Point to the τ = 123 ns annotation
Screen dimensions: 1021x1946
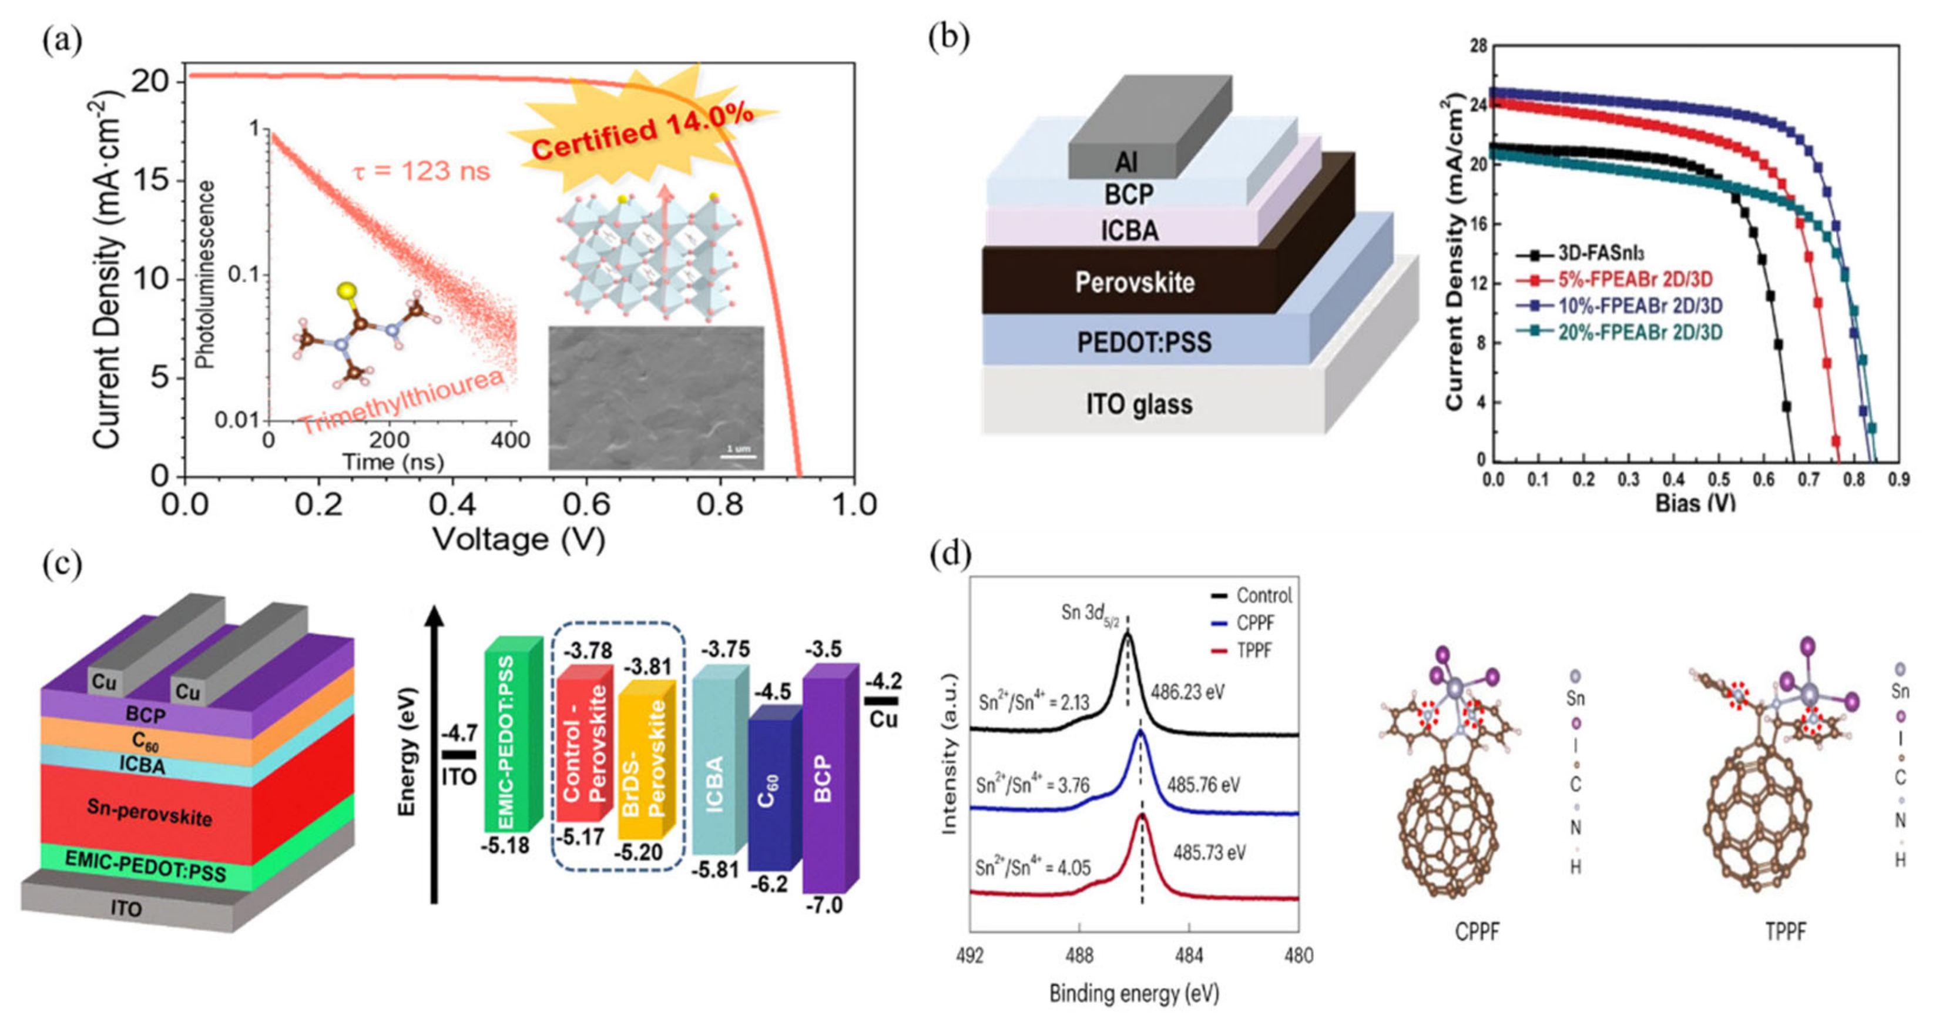point(421,172)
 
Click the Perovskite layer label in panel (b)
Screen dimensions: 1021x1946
point(1135,283)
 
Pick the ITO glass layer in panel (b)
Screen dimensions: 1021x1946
point(1139,404)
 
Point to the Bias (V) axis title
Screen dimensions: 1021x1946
point(1695,503)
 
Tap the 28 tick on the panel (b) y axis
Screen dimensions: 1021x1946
point(1478,47)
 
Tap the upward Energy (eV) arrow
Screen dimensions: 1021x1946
point(434,756)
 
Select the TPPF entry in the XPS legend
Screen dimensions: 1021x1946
point(1253,650)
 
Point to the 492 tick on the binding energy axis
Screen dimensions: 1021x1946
point(970,956)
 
